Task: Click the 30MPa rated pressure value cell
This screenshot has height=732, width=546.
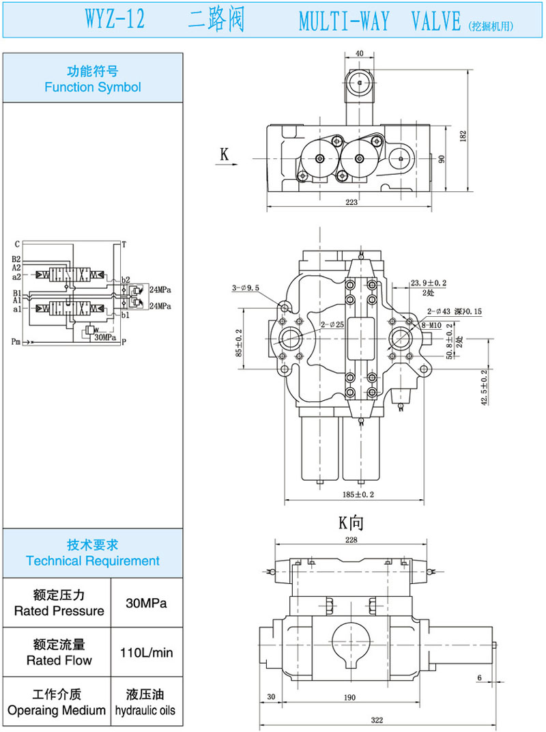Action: [146, 603]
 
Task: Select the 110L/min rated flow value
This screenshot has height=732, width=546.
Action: [146, 653]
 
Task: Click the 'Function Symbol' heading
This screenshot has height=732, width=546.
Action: [93, 79]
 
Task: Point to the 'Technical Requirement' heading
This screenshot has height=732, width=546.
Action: [93, 553]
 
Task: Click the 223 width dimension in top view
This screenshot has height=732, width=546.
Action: [351, 202]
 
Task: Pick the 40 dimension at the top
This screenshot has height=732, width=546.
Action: [359, 53]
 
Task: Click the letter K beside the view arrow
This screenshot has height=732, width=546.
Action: [224, 154]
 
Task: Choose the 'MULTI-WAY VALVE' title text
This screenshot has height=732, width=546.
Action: [380, 22]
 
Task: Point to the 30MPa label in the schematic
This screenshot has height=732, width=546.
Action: [105, 337]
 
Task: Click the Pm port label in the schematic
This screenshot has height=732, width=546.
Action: [16, 341]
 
